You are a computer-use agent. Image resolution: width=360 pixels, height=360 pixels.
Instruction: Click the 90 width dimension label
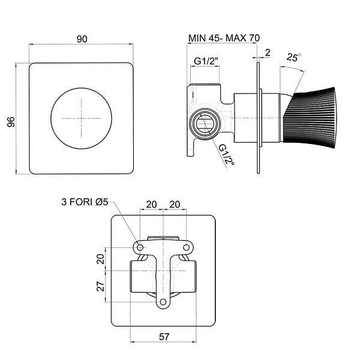pos(82,39)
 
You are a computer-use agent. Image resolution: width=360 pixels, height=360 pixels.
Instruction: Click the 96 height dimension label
pos(11,122)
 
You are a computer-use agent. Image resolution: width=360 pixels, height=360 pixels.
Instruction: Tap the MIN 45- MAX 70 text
pos(224,38)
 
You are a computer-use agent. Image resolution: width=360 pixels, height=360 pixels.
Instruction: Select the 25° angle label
pos(293,57)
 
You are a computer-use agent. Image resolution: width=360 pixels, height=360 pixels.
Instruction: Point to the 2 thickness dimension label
pos(268,53)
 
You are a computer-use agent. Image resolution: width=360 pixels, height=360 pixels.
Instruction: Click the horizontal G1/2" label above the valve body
pos(206,61)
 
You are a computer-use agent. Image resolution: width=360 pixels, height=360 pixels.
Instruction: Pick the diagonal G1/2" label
pos(226,155)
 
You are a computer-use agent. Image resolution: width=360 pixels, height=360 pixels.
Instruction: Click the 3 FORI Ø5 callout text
pos(85,202)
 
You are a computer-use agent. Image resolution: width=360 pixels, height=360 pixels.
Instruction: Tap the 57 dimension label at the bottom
pos(164,337)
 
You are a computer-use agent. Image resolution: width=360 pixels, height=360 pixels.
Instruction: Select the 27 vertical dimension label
pos(101,286)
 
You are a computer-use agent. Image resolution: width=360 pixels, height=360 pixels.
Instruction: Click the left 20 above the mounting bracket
pos(152,205)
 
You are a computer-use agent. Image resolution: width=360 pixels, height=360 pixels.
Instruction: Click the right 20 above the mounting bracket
pos(175,205)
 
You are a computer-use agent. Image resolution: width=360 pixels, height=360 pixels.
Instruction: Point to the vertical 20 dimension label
pos(101,259)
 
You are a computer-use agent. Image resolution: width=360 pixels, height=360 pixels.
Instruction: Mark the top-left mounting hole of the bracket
pos(140,247)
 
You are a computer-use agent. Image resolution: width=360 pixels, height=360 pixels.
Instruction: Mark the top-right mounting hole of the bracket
pos(186,247)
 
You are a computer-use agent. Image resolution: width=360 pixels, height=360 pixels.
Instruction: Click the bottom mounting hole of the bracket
pos(163,302)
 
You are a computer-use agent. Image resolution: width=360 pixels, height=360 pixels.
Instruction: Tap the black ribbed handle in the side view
pos(309,118)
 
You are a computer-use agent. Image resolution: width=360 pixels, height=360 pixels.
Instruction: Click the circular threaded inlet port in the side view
pos(205,124)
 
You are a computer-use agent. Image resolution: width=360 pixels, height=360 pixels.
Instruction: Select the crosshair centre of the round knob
pos(81,118)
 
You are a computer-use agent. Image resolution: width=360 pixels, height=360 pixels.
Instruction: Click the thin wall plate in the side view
pos(258,118)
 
